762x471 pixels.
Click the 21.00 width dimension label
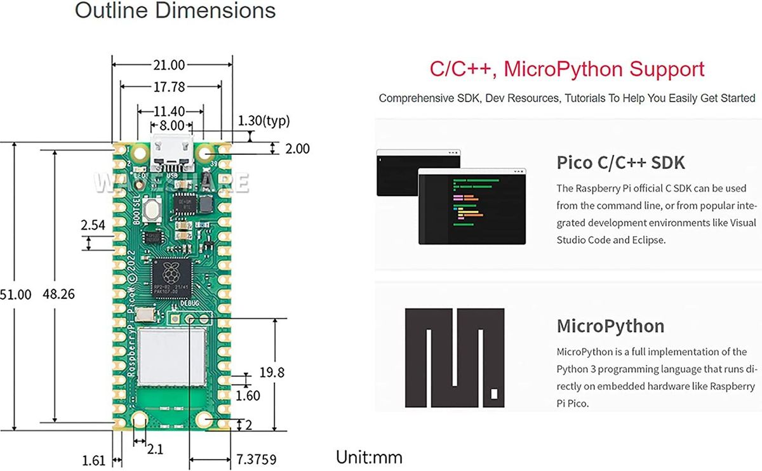tap(169, 65)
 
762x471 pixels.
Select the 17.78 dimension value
tap(169, 86)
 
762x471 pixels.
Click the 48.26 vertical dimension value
tap(59, 295)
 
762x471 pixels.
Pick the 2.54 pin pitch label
tap(93, 225)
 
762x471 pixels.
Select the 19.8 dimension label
tap(272, 373)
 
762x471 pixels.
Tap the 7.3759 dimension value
tap(256, 458)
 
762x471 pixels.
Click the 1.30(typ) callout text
tap(263, 121)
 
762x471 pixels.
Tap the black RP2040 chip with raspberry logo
tap(171, 278)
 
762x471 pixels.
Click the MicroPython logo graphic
tap(455, 359)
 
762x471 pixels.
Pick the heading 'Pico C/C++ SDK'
tap(620, 163)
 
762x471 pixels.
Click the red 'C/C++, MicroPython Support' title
tap(566, 69)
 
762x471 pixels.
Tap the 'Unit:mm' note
tap(369, 457)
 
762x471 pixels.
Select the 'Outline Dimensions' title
tap(175, 11)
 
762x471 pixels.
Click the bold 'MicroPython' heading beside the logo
tap(610, 326)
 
